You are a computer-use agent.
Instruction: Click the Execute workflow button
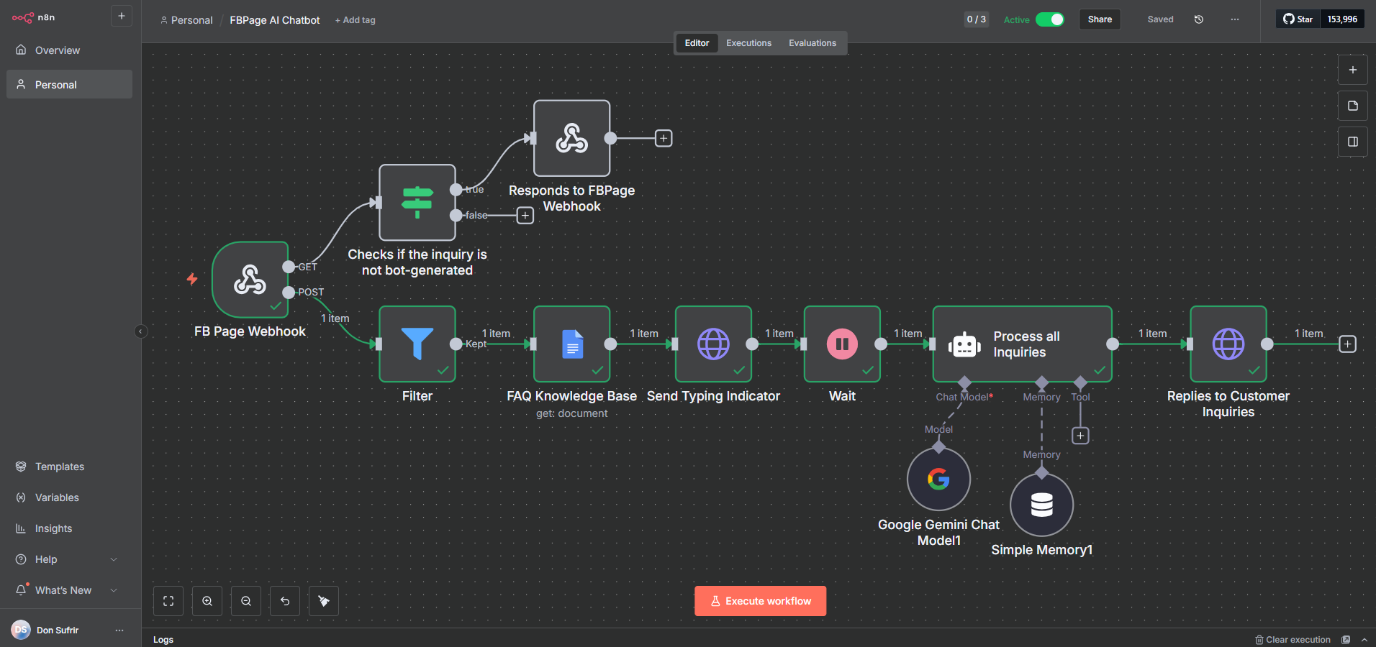[760, 601]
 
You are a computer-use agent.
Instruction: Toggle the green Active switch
[1049, 19]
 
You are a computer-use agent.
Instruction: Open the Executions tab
[748, 43]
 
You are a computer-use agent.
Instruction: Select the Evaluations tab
[812, 43]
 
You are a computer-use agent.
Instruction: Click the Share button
[1099, 19]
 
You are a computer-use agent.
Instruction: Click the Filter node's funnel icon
[417, 344]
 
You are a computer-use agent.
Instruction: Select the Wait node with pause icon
[842, 344]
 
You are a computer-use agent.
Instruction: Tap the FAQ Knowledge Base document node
[572, 344]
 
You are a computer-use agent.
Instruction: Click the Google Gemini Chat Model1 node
[938, 479]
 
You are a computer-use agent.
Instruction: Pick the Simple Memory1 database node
[1041, 505]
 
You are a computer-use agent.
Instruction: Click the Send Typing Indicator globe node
[713, 344]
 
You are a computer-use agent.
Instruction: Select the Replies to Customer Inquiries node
[1228, 344]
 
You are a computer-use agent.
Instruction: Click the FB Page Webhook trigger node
[250, 280]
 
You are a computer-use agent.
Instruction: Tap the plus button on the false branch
[525, 216]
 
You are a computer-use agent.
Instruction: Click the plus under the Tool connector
[1080, 436]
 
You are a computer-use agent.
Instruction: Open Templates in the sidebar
[59, 467]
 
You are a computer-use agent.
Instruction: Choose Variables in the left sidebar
[57, 497]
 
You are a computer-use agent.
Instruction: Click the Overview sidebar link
[57, 50]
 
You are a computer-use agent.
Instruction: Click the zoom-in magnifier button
[207, 601]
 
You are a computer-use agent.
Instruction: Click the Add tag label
[356, 20]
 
